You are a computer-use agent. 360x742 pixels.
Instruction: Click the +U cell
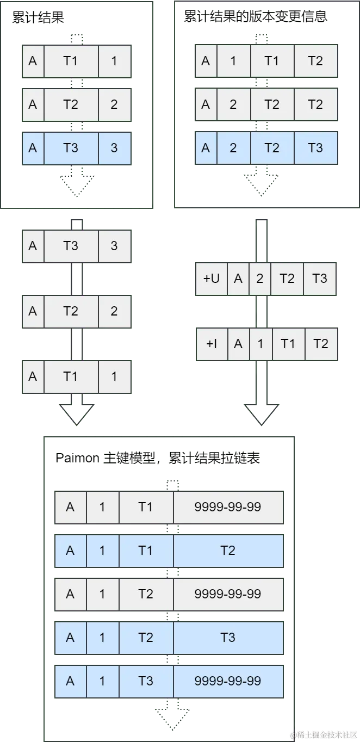211,279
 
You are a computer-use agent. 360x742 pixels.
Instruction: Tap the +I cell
211,344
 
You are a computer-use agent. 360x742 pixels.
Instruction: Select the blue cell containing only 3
114,148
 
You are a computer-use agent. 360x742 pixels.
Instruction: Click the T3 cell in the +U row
320,279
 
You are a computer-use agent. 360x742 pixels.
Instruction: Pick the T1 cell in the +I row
288,344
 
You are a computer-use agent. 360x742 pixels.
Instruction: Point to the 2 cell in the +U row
259,279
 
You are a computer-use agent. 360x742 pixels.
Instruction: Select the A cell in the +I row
238,344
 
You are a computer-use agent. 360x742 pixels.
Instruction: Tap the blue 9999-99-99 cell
228,681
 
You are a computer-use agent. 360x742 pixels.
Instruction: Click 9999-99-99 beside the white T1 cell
228,507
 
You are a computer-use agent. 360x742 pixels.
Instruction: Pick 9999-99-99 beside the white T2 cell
228,594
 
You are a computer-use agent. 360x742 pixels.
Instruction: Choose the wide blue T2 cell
228,551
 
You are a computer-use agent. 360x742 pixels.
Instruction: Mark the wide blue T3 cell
228,638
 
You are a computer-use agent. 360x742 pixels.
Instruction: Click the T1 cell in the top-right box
272,61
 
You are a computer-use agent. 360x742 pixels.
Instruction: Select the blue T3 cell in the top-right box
315,148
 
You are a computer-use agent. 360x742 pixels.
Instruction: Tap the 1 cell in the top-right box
233,61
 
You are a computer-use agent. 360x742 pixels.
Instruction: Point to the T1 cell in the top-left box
71,61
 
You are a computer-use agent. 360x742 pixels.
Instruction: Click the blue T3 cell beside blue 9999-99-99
146,681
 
